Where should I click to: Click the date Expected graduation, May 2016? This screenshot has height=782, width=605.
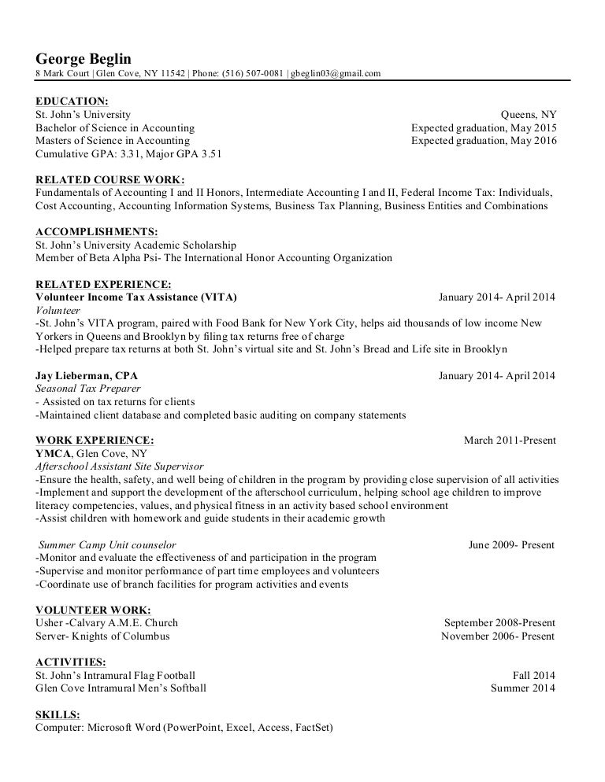pos(484,141)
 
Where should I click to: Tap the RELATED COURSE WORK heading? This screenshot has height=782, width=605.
pos(110,179)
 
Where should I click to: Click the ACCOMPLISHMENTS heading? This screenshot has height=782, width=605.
pos(97,231)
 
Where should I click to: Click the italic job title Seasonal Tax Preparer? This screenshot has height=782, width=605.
pos(88,389)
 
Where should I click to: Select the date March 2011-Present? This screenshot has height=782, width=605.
pos(510,440)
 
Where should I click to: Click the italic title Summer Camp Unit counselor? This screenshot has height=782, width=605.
pos(107,544)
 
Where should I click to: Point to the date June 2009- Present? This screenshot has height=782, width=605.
pos(511,544)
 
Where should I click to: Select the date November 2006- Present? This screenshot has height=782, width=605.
pos(498,636)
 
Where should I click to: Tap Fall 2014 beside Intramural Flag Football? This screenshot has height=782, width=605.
pos(533,675)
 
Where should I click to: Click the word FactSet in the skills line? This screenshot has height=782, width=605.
pos(311,727)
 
